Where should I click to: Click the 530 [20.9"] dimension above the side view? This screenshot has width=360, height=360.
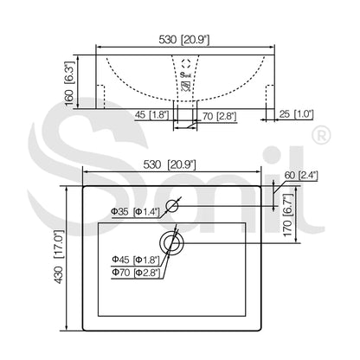183,40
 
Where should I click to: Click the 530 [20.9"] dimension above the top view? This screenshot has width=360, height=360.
170,164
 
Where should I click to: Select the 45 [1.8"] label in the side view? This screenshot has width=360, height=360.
151,115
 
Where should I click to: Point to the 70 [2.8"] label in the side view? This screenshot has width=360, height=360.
219,117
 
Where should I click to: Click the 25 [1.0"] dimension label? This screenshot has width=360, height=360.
296,114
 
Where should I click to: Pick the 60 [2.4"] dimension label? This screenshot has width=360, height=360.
301,176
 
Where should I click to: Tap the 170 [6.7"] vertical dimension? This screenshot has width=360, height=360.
288,215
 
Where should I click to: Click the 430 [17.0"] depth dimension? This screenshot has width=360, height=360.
59,257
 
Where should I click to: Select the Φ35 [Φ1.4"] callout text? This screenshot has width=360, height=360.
135,212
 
